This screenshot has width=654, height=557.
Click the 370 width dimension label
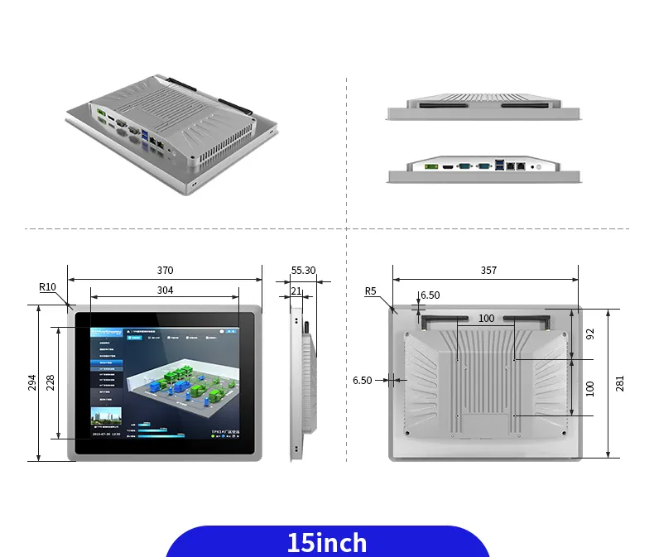click(165, 271)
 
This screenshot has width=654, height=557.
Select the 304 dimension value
click(165, 291)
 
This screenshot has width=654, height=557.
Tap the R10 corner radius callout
click(47, 287)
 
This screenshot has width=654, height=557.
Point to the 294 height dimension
click(32, 382)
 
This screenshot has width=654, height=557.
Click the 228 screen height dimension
click(50, 382)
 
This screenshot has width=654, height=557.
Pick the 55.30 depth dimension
click(303, 271)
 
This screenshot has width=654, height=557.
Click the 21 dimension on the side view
click(296, 291)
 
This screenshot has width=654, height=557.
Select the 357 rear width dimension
click(488, 271)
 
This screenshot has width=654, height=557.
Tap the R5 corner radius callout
click(370, 291)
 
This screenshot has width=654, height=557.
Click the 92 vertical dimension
click(590, 334)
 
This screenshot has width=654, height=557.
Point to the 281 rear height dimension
click(619, 382)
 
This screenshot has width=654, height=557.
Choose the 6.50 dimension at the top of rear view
click(430, 295)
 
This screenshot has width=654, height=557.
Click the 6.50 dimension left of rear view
click(362, 381)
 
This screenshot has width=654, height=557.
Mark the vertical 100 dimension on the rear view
click(590, 387)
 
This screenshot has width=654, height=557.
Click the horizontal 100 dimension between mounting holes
click(486, 319)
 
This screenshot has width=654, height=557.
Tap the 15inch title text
click(327, 543)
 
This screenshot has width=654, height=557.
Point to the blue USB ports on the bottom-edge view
click(499, 166)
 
